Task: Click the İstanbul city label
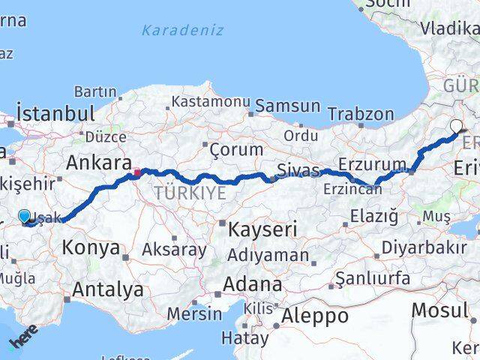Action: click(55, 114)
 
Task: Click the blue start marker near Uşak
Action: click(25, 217)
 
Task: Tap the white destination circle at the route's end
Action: click(456, 126)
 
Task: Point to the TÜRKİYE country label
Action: click(190, 193)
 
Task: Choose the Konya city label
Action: click(90, 247)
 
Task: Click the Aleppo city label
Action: click(314, 316)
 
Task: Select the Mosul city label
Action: click(440, 310)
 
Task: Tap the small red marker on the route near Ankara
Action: click(137, 173)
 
